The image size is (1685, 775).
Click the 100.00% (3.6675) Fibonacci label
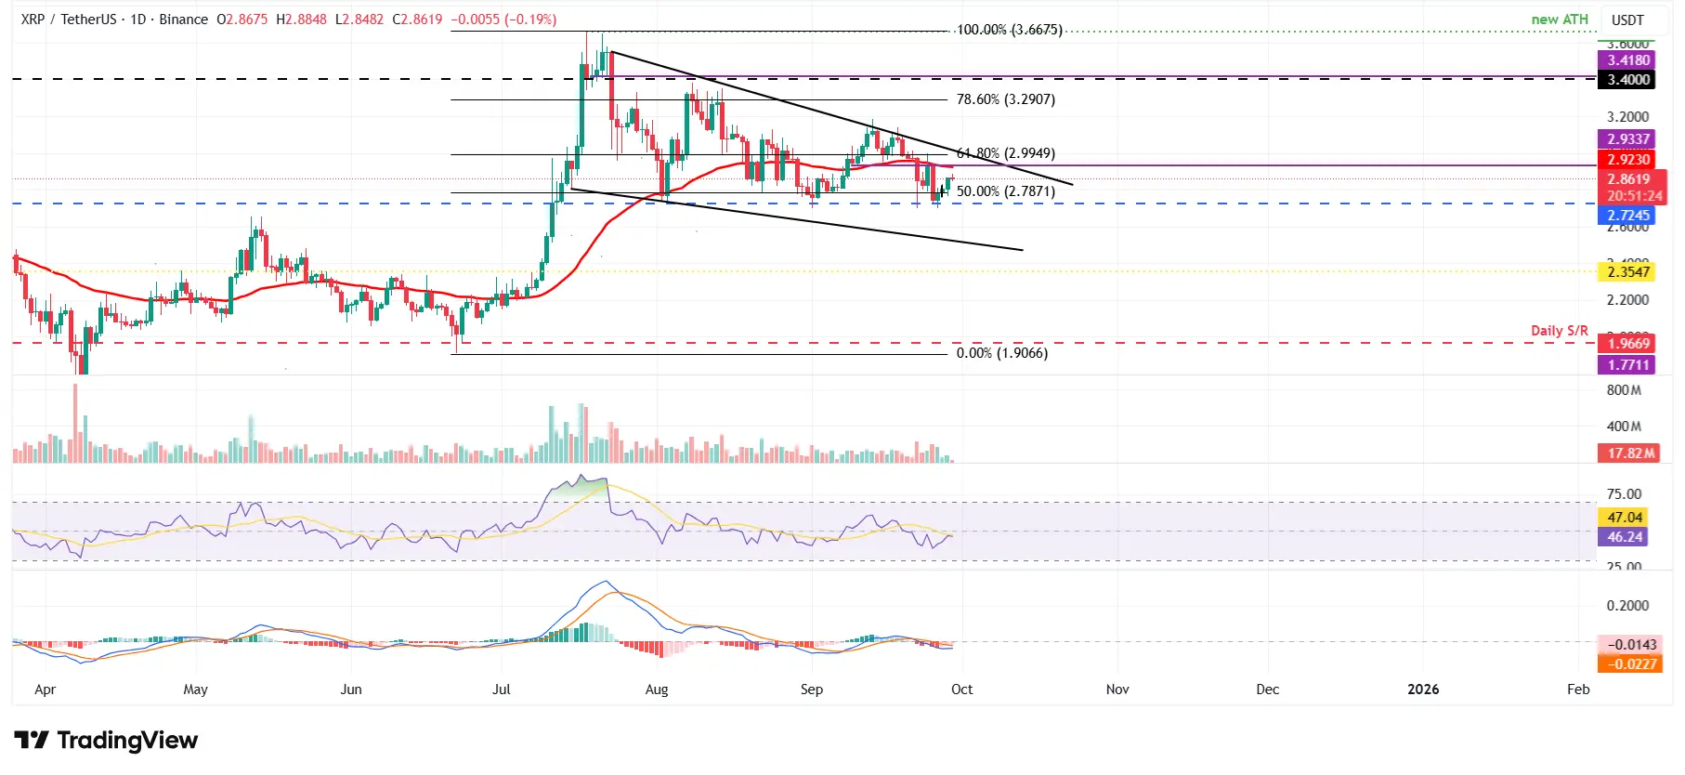pos(1009,30)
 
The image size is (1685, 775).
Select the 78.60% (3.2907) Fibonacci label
pos(1005,99)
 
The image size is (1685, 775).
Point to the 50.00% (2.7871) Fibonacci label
pos(1005,191)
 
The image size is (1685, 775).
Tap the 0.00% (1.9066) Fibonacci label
pos(1001,353)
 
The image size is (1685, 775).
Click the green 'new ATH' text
pos(1560,20)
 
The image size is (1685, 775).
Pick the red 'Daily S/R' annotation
pos(1559,331)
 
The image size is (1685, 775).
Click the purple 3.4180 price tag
pos(1628,60)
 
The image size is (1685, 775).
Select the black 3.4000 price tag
pos(1628,80)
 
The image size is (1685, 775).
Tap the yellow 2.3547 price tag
pos(1628,272)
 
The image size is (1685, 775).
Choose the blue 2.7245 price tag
pos(1628,216)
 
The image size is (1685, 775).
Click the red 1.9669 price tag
pos(1628,344)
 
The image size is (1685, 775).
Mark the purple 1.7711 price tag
pos(1628,365)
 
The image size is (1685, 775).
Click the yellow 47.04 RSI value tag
pos(1625,518)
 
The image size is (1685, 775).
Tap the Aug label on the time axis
pos(656,690)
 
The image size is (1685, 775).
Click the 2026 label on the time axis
pos(1422,690)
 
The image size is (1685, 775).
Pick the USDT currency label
pos(1627,20)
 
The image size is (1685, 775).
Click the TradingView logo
pos(106,741)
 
